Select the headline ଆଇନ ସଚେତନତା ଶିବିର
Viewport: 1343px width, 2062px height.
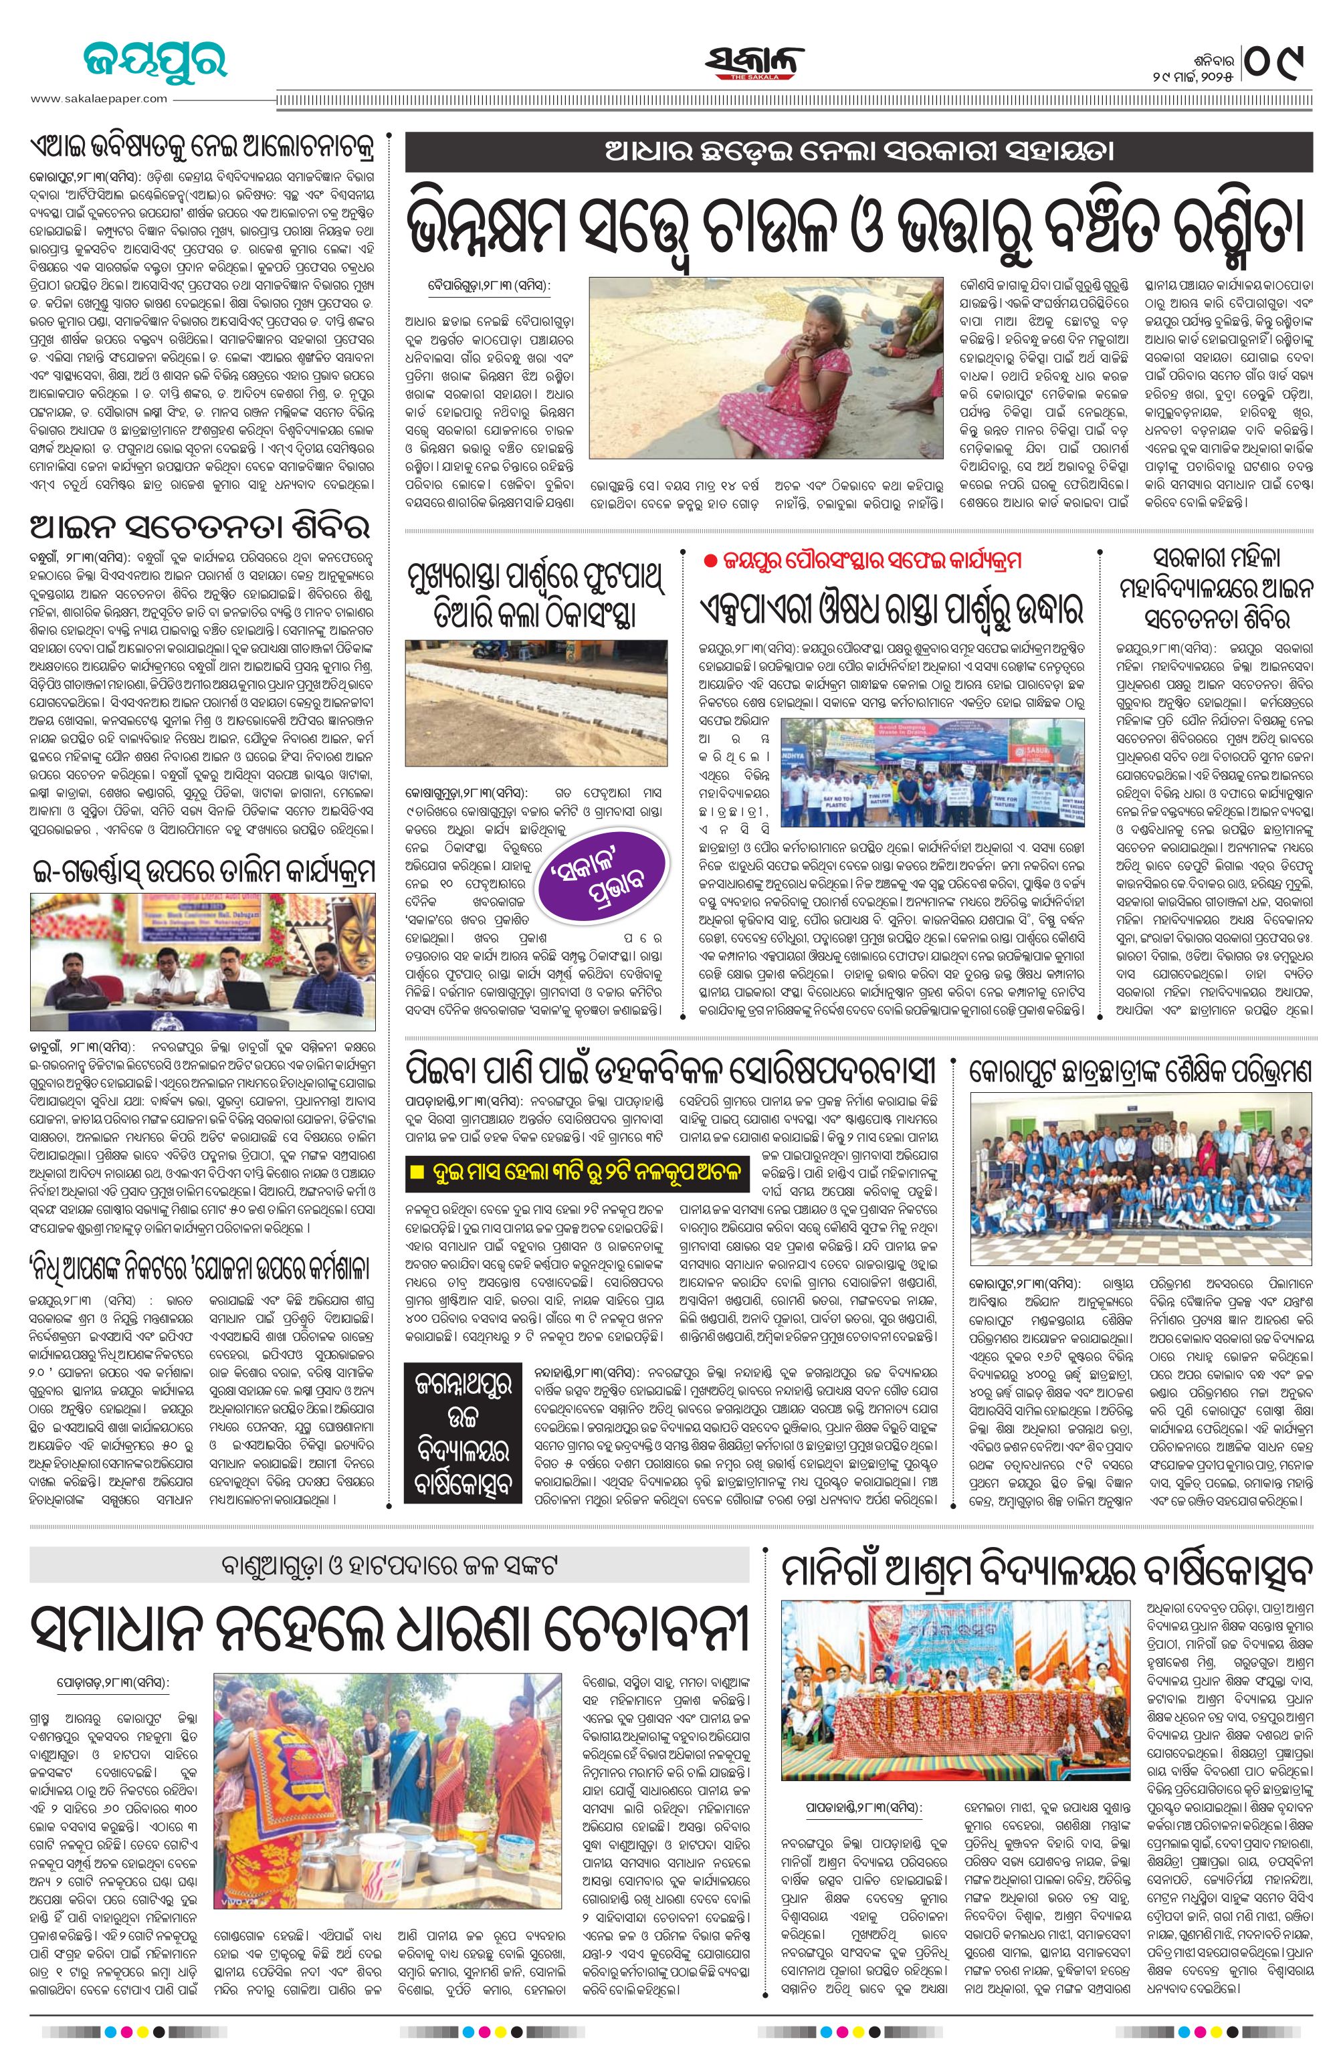pos(200,527)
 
